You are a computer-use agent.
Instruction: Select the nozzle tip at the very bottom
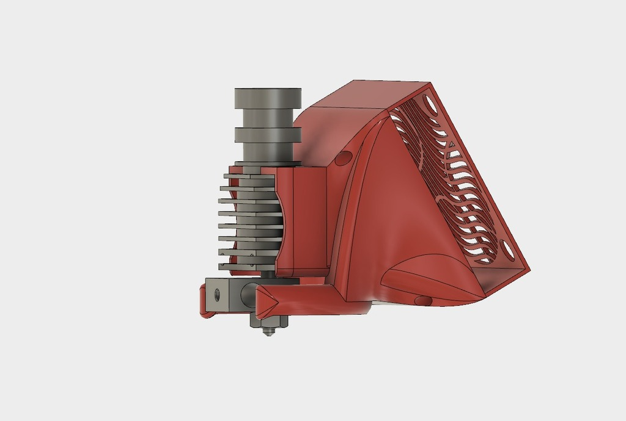(267, 333)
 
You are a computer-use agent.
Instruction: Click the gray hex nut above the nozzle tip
(268, 321)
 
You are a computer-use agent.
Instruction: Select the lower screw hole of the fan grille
(506, 249)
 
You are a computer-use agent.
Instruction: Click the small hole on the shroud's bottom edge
(422, 300)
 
